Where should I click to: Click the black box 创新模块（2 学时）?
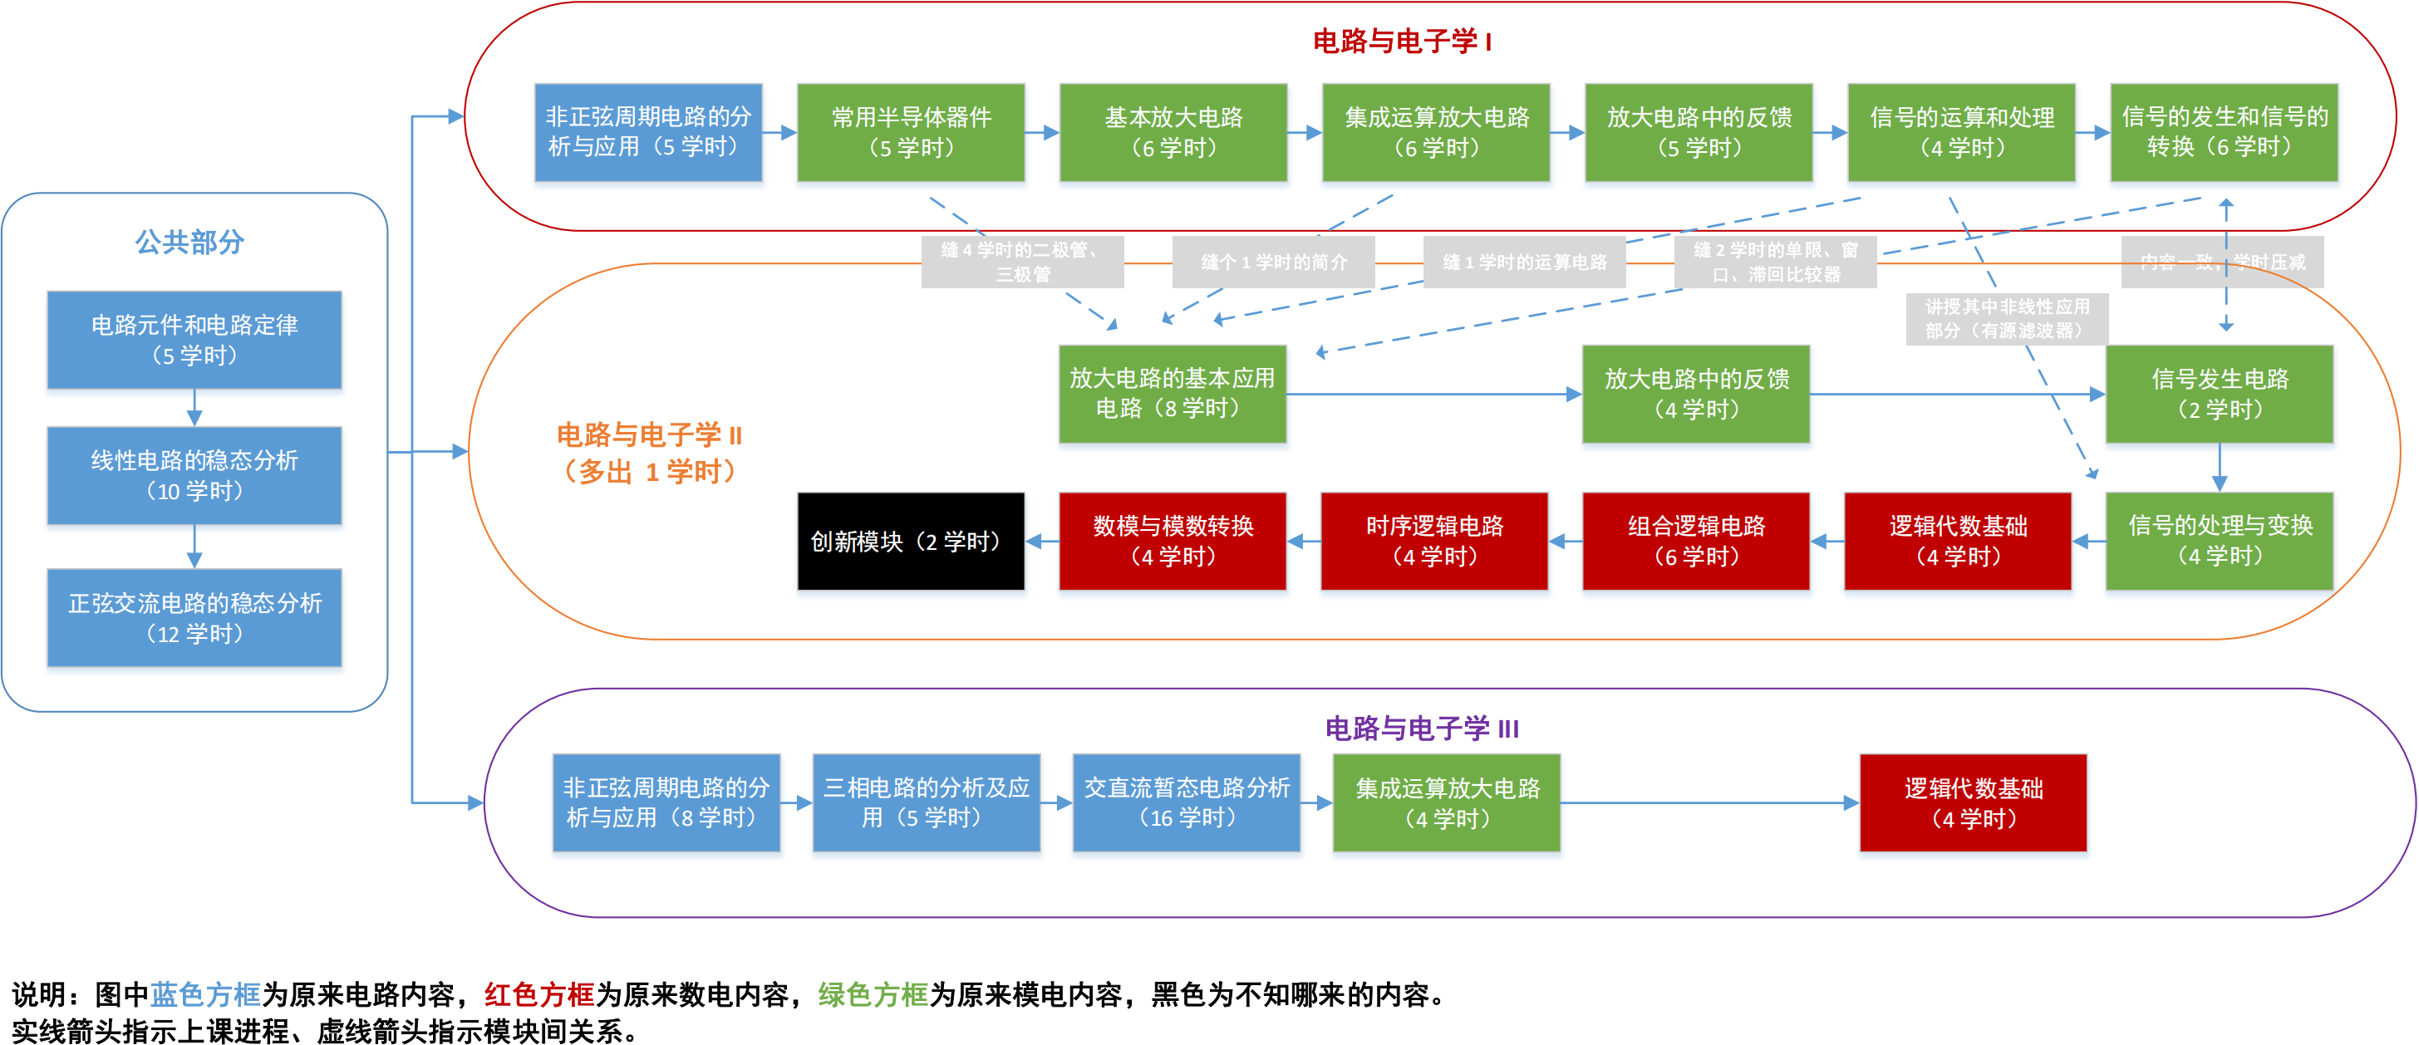click(910, 542)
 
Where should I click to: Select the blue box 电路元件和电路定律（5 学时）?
click(194, 340)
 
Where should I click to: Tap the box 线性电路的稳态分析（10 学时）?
click(194, 475)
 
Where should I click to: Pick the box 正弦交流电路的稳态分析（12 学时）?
click(194, 618)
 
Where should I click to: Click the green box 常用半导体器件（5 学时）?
click(910, 132)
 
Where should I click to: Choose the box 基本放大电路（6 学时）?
click(1173, 132)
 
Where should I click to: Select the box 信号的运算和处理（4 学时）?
click(1961, 132)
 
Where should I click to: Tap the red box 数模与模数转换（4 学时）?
click(1172, 542)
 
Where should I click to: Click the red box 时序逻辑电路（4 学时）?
click(1434, 542)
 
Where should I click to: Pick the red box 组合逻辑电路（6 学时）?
click(1696, 542)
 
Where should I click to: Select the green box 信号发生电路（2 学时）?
click(2219, 395)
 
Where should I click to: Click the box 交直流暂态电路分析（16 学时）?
click(1186, 802)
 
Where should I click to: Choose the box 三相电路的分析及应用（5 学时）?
click(926, 802)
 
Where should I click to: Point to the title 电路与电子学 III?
click(1421, 729)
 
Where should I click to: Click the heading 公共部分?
click(189, 243)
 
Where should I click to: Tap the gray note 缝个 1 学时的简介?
click(1273, 262)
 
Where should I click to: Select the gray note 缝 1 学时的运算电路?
click(1524, 262)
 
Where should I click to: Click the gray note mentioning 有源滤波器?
click(2007, 319)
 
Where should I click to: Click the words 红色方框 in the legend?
click(539, 994)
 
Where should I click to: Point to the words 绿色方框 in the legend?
click(873, 994)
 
